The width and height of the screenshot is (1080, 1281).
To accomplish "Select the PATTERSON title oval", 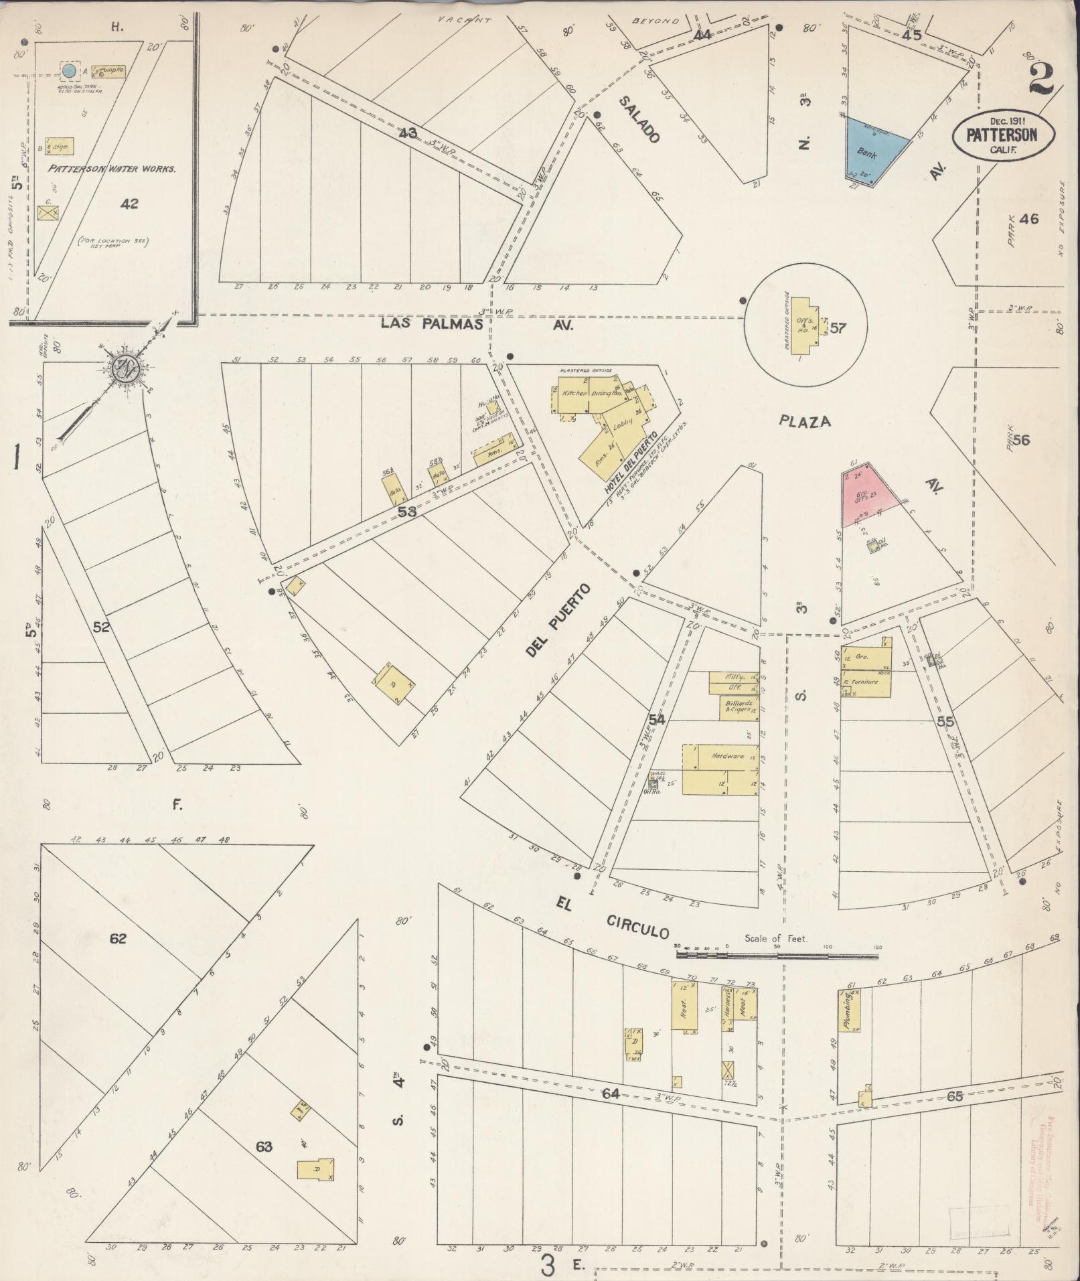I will [1002, 135].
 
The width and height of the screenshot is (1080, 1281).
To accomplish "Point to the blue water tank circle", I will [69, 70].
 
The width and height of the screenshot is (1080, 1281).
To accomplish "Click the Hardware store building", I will [722, 769].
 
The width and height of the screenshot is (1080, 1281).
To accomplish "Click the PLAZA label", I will [805, 421].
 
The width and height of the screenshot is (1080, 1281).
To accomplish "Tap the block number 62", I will [118, 939].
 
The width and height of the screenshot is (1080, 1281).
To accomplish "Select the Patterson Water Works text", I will [112, 169].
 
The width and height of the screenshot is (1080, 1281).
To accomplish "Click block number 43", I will [407, 133].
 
